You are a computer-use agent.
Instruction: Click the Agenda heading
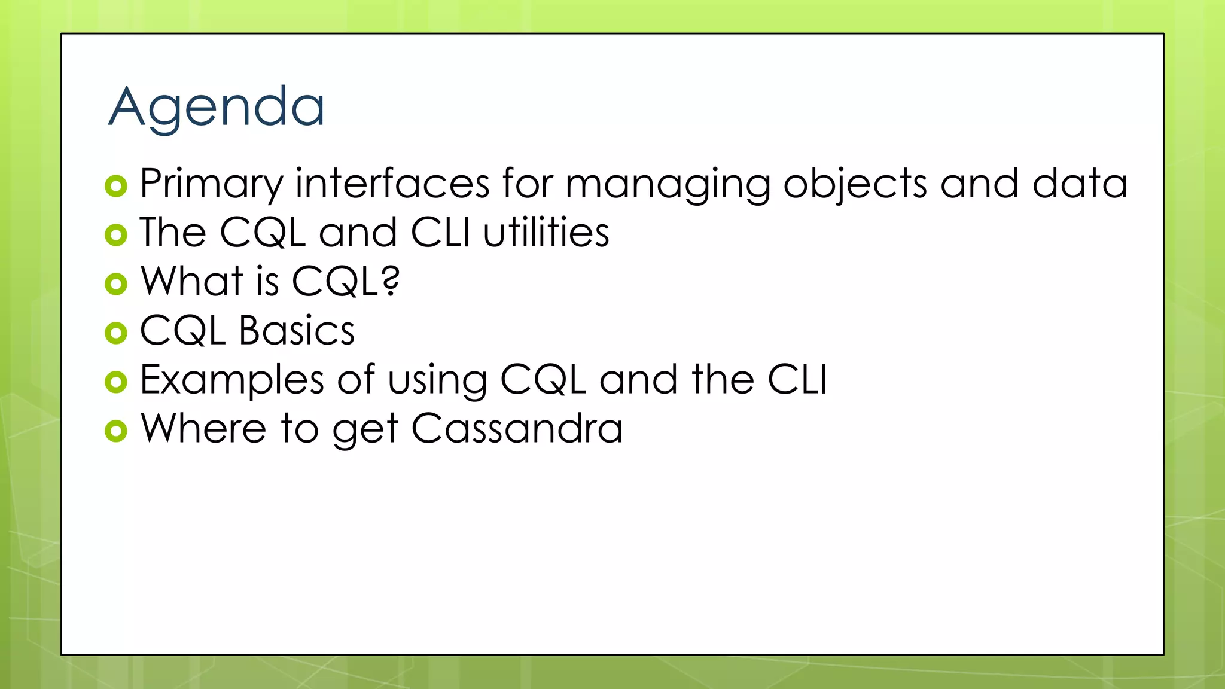[x=216, y=108]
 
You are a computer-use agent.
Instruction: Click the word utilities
[x=546, y=233]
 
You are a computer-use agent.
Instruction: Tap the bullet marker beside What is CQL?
[x=116, y=283]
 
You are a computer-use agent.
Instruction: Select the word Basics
[x=297, y=331]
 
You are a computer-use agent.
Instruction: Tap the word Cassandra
[x=517, y=429]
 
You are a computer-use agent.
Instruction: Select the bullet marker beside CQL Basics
[x=116, y=333]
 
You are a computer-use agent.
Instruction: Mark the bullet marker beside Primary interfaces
[x=116, y=186]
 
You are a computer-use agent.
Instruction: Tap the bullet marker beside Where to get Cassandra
[x=116, y=431]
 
